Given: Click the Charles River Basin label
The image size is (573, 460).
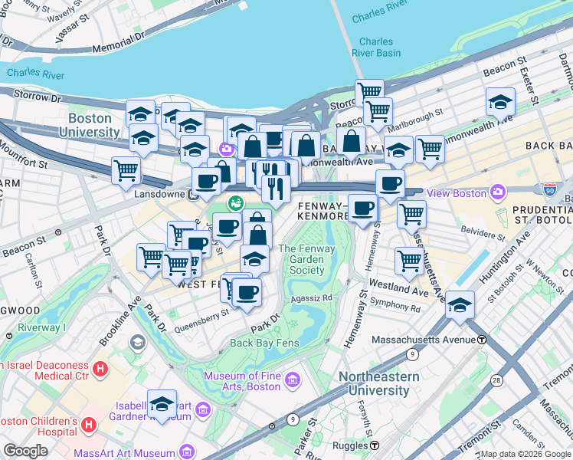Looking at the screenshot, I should click(x=376, y=48).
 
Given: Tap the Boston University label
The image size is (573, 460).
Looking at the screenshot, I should click(x=94, y=125).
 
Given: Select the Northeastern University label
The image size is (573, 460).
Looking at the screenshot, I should click(x=379, y=383).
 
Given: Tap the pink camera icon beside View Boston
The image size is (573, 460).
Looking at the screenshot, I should click(x=498, y=192).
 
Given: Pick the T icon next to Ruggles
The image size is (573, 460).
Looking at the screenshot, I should click(x=375, y=445).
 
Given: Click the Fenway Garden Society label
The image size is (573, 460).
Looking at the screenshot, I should click(x=301, y=259).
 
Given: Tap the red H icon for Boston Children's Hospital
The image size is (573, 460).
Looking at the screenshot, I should click(x=89, y=424).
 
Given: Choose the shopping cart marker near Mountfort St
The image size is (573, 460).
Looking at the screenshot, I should click(x=126, y=170).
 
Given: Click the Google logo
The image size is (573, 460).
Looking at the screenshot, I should click(x=26, y=451).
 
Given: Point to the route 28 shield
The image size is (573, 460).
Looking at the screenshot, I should click(x=497, y=380).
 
